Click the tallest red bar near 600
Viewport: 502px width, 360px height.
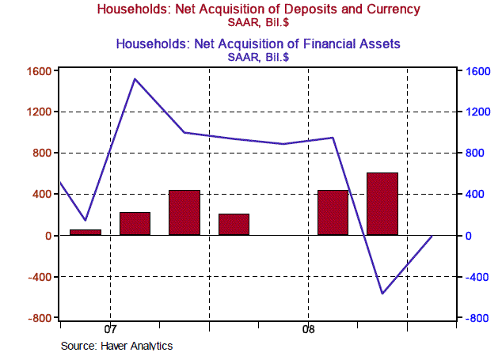point(382,203)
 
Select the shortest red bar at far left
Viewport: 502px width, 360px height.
point(86,232)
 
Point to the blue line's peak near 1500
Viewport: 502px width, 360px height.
point(135,79)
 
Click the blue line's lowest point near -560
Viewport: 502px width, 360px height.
point(382,294)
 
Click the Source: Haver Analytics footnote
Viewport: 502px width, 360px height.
point(116,346)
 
